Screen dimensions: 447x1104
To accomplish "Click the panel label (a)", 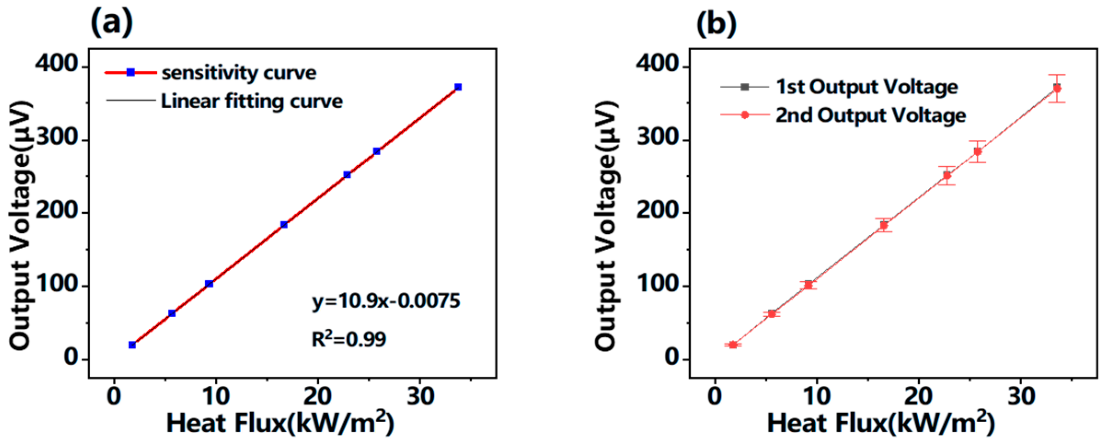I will click(x=112, y=22).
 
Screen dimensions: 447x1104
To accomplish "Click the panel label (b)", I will click(x=716, y=23).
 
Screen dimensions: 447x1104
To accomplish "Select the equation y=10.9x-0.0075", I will click(x=385, y=302).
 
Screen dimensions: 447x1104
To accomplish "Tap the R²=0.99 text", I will click(x=349, y=339).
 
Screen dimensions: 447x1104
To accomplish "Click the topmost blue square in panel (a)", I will click(x=458, y=87).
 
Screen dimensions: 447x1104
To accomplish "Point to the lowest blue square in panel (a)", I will click(x=132, y=345).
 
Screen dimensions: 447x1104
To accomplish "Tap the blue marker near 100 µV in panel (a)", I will click(x=209, y=284).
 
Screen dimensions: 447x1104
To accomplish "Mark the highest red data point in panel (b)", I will click(x=1057, y=88).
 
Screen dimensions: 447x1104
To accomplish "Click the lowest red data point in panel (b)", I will click(x=733, y=345).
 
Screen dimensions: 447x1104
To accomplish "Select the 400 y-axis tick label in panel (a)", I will click(x=57, y=64).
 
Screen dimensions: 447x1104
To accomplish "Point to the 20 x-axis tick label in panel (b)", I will click(x=918, y=396).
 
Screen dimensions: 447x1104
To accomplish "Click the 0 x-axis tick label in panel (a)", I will click(x=114, y=396).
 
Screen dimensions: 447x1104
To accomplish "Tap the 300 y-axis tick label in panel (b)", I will click(x=658, y=137).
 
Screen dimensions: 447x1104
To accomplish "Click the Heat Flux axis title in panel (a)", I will click(x=280, y=423).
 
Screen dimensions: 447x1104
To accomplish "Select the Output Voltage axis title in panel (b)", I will click(x=606, y=226).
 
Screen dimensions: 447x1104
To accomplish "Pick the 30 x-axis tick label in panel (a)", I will click(x=420, y=396).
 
